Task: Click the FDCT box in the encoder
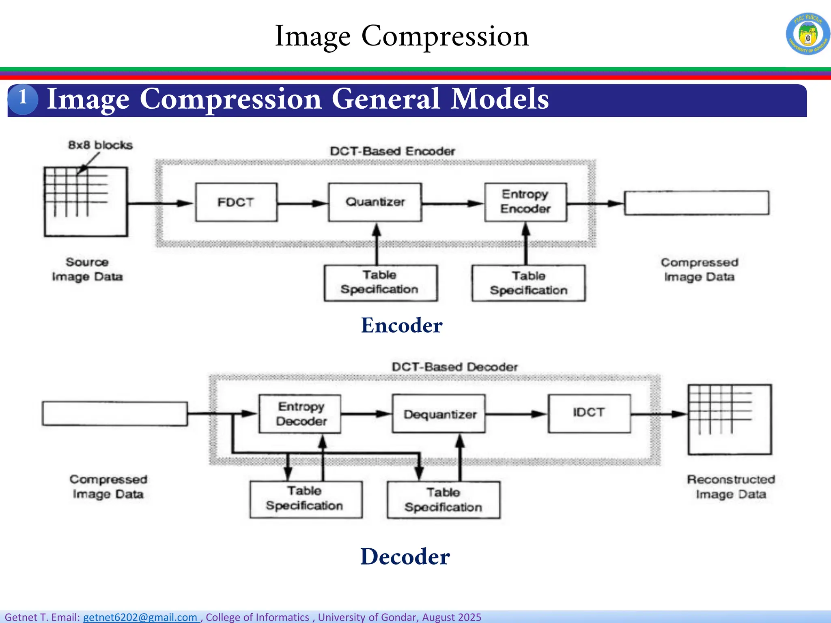point(236,202)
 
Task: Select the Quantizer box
point(375,202)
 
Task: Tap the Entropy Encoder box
point(525,202)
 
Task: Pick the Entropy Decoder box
point(300,414)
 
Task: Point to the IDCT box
point(589,413)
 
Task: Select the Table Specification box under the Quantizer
point(380,283)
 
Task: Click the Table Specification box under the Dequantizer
point(443,500)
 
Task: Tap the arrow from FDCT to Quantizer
point(303,203)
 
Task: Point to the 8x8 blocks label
point(100,145)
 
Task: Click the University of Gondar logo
point(808,34)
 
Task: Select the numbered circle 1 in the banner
point(23,99)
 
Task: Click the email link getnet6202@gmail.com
point(140,617)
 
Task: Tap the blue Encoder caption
point(401,325)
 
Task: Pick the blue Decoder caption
point(405,556)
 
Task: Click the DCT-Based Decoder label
point(454,367)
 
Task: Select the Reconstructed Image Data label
point(731,487)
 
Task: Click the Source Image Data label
point(87,269)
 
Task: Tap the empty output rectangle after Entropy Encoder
point(696,203)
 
